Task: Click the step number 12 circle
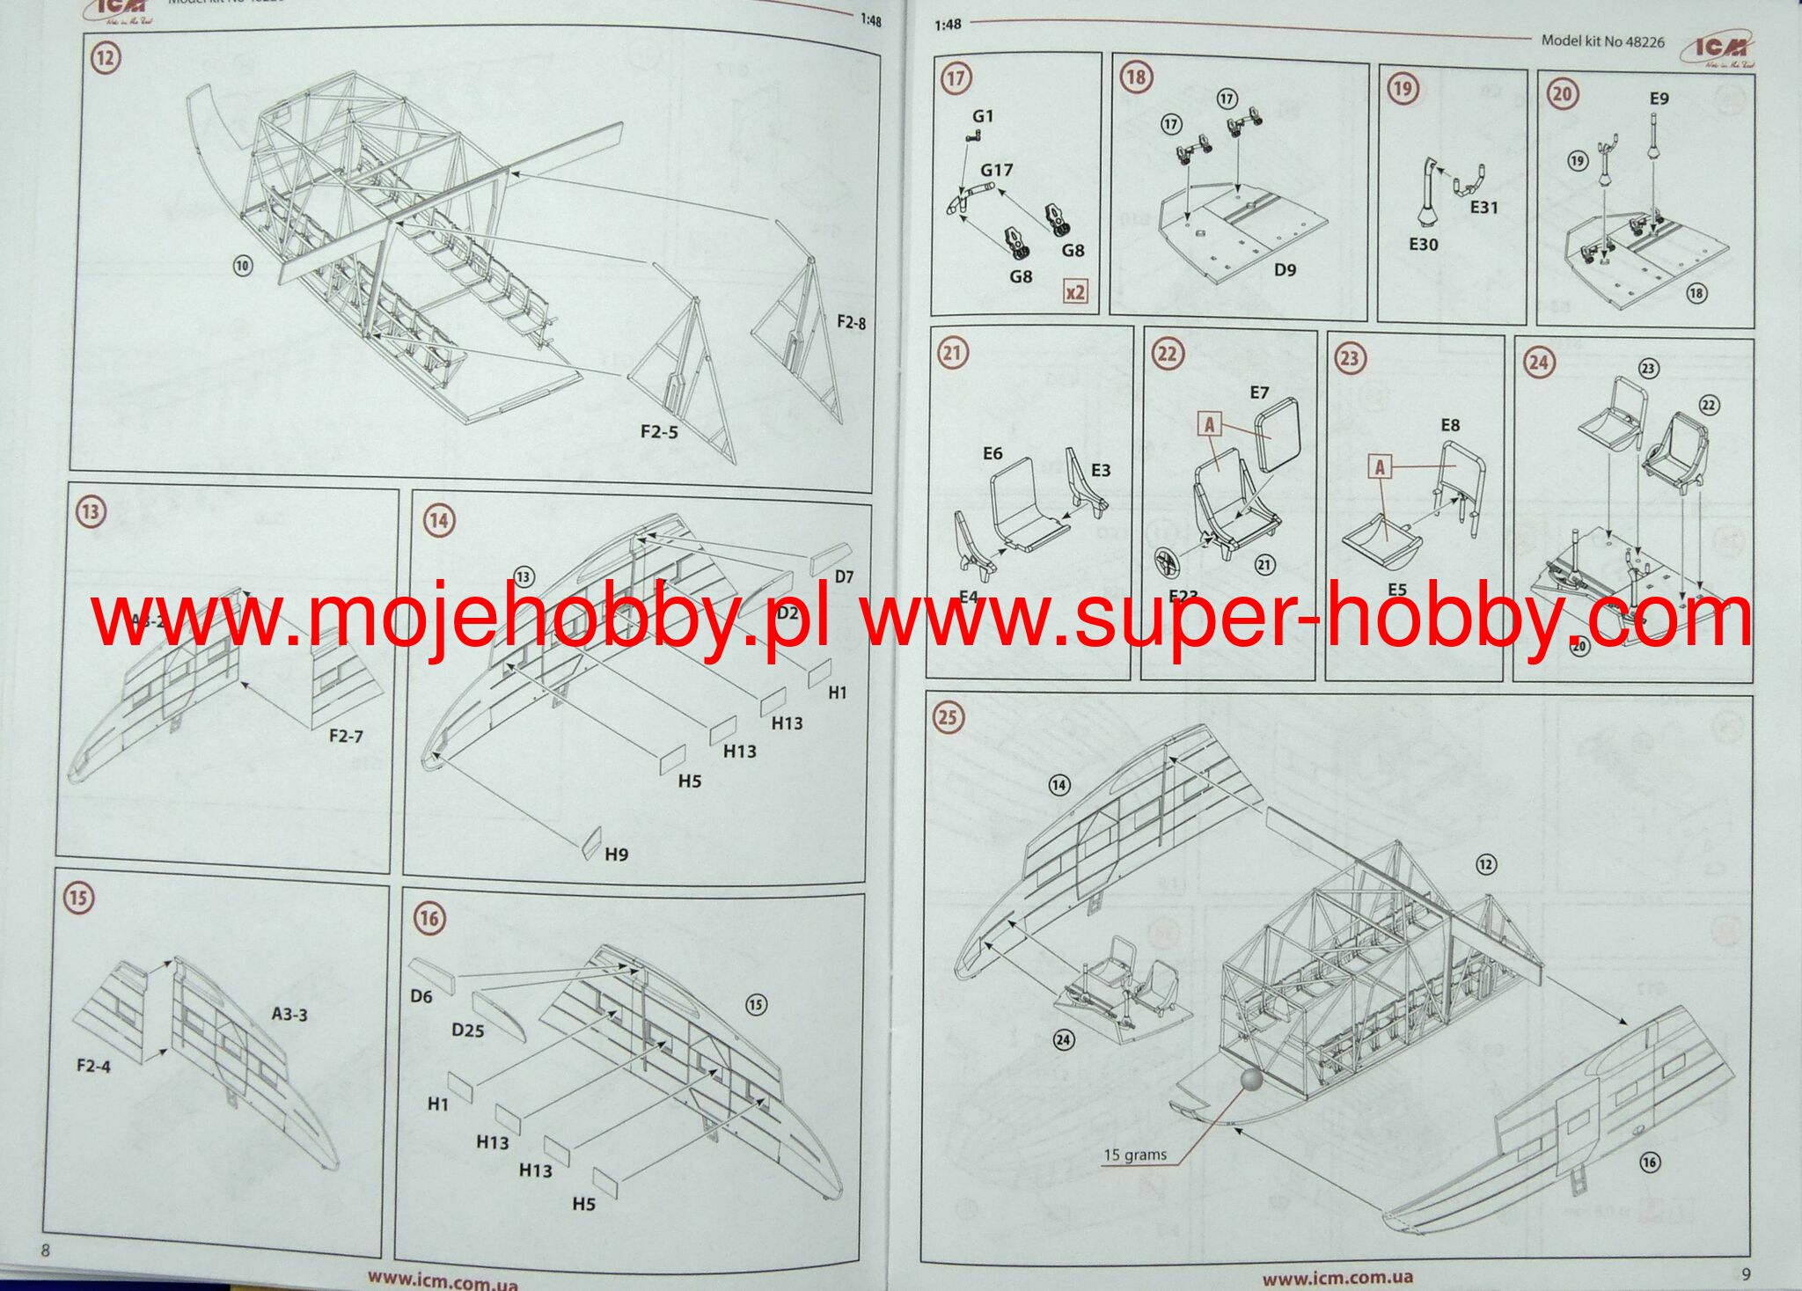click(x=106, y=59)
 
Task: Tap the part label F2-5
click(x=659, y=432)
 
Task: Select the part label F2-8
click(x=851, y=323)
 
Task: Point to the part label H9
click(x=616, y=855)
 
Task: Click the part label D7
click(x=844, y=577)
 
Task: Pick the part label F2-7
click(x=346, y=736)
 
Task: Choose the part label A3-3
click(x=289, y=1015)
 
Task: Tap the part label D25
click(x=467, y=1031)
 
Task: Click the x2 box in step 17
click(x=1075, y=292)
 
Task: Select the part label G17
click(x=997, y=170)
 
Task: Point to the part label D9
click(x=1285, y=270)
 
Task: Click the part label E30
click(x=1423, y=245)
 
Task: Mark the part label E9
click(x=1659, y=99)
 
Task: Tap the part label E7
click(x=1259, y=392)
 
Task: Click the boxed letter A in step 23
click(x=1380, y=467)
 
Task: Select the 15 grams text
click(x=1135, y=1155)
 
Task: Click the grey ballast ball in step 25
click(x=1250, y=1079)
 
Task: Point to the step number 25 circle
click(x=947, y=717)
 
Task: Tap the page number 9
click(x=1747, y=1273)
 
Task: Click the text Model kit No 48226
click(x=1602, y=41)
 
